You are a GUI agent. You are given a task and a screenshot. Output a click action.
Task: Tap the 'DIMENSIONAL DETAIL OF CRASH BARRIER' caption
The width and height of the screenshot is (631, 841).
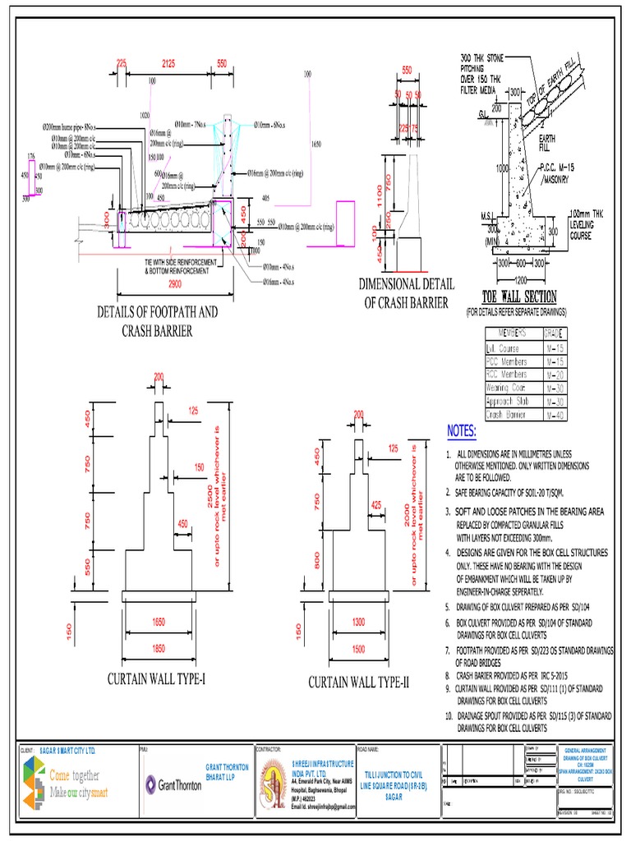pos(407,293)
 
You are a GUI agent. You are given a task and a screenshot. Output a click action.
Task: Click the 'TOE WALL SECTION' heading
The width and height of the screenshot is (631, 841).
pos(518,297)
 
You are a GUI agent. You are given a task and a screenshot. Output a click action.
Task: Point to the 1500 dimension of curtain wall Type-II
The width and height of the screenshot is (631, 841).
pos(359,649)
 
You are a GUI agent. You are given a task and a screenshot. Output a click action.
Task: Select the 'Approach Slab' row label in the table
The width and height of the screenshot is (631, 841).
pos(509,402)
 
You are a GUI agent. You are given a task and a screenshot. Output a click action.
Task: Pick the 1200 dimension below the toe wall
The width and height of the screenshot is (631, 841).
pos(518,279)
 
